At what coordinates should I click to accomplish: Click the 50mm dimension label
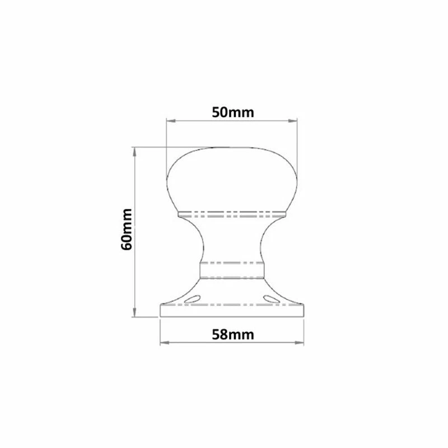coord(232,111)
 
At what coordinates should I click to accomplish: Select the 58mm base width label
coord(232,334)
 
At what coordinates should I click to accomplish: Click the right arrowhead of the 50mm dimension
coord(293,120)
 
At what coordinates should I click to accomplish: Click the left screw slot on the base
coord(193,298)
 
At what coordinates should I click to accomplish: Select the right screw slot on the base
coord(271,298)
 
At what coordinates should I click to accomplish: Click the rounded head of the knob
coord(232,179)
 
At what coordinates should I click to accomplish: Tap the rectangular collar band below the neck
coord(232,270)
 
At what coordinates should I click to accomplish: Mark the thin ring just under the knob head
coord(232,213)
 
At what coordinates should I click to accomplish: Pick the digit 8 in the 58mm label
coord(223,334)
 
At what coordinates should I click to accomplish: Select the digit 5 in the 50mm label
coord(216,111)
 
